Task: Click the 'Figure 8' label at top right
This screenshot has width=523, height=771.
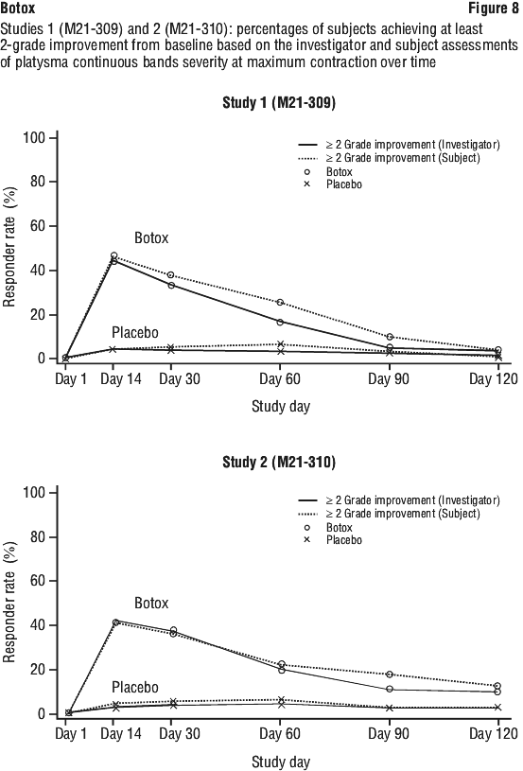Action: (493, 8)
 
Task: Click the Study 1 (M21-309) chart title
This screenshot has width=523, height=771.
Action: (279, 103)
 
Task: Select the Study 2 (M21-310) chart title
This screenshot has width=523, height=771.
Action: (279, 463)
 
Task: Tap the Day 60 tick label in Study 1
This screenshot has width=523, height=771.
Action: (280, 378)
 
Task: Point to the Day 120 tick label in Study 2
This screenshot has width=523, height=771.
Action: (494, 734)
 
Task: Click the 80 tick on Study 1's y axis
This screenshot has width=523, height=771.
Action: (34, 182)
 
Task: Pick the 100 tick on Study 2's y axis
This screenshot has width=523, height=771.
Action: (33, 493)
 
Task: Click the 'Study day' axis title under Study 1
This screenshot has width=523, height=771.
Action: (281, 407)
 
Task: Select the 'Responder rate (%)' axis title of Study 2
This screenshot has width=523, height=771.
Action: (9, 603)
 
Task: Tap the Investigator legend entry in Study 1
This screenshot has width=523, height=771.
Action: (399, 145)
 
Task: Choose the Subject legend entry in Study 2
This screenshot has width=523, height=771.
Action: (390, 514)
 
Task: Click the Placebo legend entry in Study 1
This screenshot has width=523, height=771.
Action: (333, 184)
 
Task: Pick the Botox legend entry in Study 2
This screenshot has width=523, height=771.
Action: (328, 528)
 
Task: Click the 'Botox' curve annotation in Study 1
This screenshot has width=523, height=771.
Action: (151, 238)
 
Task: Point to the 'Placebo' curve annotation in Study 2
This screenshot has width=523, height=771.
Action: (135, 688)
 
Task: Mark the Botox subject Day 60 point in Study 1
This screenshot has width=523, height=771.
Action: (280, 303)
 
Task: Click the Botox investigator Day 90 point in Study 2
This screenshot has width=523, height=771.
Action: (390, 689)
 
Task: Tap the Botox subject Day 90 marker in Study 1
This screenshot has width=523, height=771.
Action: (390, 337)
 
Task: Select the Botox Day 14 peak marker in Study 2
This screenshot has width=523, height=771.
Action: (116, 622)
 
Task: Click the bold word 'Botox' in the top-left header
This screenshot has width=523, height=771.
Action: (18, 8)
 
